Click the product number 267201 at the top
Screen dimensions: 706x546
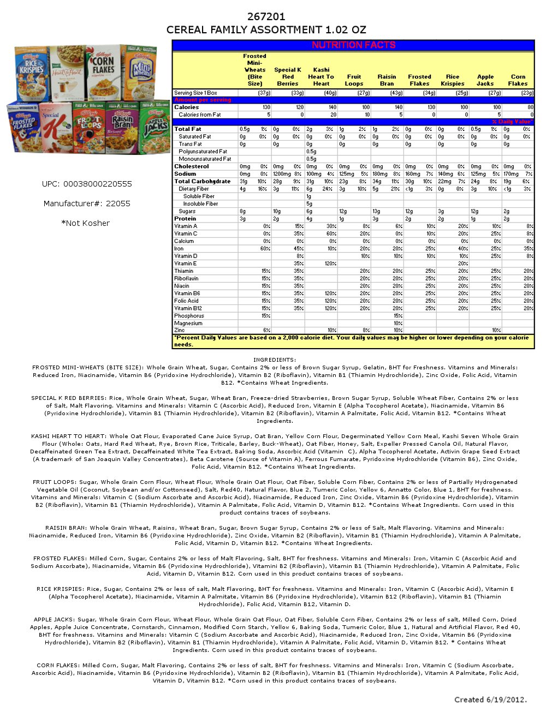pyautogui.click(x=266, y=17)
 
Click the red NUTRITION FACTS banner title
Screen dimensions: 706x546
pyautogui.click(x=353, y=45)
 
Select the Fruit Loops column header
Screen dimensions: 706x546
pyautogui.click(x=354, y=80)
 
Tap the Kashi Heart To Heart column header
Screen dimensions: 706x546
pyautogui.click(x=321, y=76)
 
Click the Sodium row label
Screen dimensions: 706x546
pyautogui.click(x=185, y=174)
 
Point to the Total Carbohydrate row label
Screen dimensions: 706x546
pyautogui.click(x=202, y=181)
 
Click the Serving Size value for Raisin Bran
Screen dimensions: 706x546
pyautogui.click(x=387, y=93)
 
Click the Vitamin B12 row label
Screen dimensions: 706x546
pyautogui.click(x=188, y=308)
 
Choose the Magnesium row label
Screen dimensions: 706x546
pyautogui.click(x=188, y=324)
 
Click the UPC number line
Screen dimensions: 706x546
pyautogui.click(x=87, y=184)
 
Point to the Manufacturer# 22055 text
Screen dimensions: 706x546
pyautogui.click(x=87, y=204)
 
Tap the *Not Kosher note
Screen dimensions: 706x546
pyautogui.click(x=85, y=223)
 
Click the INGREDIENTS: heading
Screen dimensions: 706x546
pyautogui.click(x=275, y=360)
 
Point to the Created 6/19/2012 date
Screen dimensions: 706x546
pyautogui.click(x=490, y=699)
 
